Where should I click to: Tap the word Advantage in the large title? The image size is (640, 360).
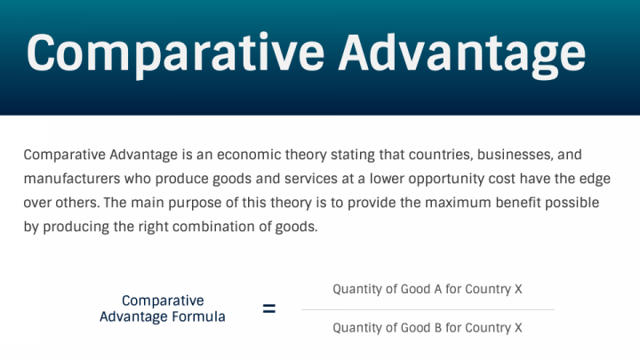click(x=463, y=53)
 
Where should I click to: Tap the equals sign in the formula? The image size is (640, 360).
click(x=268, y=309)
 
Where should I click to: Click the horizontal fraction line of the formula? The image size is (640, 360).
click(x=428, y=309)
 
